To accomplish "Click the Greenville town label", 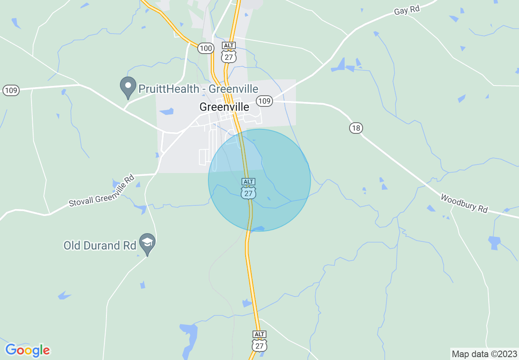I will click(224, 107).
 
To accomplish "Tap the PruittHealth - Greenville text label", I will click(198, 89).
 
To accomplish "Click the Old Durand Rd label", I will click(100, 245).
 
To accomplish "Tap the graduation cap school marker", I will click(147, 244).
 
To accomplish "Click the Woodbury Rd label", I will click(464, 203).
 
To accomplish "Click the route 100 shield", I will click(205, 48).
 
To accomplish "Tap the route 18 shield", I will click(356, 128).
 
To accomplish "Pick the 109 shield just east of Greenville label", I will click(265, 101).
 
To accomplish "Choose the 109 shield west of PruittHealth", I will click(11, 90).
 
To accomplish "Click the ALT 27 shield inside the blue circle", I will click(248, 189).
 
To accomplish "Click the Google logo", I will click(27, 350).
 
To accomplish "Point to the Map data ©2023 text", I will click(484, 354).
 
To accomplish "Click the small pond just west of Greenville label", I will click(167, 111).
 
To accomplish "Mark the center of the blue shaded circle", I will click(259, 180).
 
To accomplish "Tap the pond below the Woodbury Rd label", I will click(494, 242).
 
